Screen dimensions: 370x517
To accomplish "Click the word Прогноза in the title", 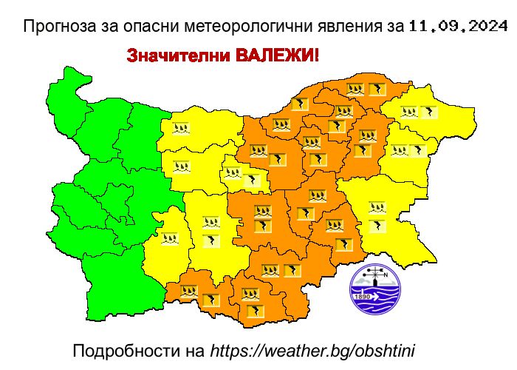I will [x=55, y=28].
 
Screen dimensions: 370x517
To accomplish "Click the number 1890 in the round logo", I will [x=363, y=297].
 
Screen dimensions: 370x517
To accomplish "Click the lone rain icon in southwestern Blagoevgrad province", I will [x=171, y=238].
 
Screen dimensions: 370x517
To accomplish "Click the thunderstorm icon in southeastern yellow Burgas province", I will [x=377, y=225].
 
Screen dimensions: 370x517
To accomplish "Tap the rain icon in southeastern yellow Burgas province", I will [x=377, y=208].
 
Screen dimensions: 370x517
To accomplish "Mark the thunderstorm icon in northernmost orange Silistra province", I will [x=376, y=90].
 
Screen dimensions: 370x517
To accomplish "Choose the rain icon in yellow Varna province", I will [x=400, y=150].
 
